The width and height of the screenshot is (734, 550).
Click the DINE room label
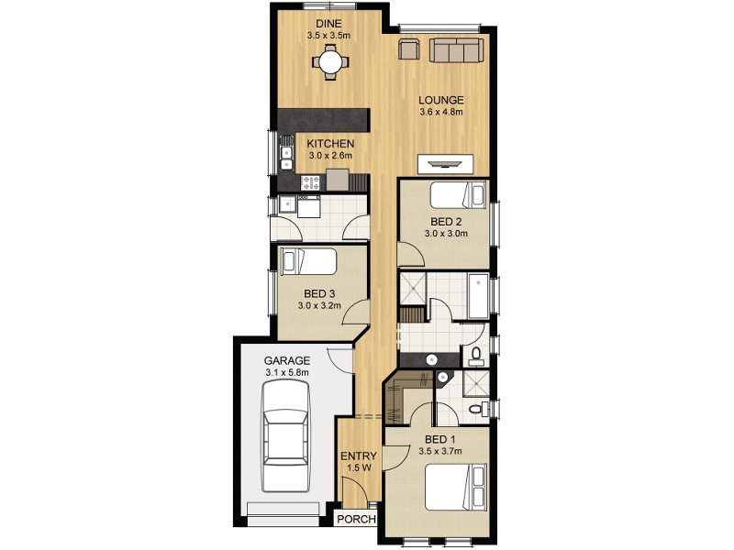point(328,24)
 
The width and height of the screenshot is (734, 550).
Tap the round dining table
point(330,61)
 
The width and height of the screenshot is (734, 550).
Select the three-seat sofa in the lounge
point(456,50)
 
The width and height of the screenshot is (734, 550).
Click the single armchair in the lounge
point(408,49)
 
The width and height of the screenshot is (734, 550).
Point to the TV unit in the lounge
point(445,164)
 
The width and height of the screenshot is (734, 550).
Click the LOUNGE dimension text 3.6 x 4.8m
point(441,112)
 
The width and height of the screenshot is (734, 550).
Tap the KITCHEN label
point(330,144)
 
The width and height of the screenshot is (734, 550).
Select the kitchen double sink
point(286,152)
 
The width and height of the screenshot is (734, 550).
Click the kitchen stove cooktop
point(310,181)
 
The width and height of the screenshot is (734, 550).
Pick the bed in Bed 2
point(458,194)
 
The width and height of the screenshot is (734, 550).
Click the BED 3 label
point(319,293)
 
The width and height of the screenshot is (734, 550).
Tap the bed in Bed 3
point(308,261)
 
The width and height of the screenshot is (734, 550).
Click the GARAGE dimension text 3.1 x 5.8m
point(287,373)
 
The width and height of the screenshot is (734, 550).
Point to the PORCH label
point(356,519)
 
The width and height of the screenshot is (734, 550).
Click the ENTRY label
point(359,456)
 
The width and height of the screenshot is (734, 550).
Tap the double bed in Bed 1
point(455,487)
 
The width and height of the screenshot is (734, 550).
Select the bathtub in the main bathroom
point(478,297)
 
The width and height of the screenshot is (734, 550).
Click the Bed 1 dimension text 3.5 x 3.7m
point(440,451)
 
